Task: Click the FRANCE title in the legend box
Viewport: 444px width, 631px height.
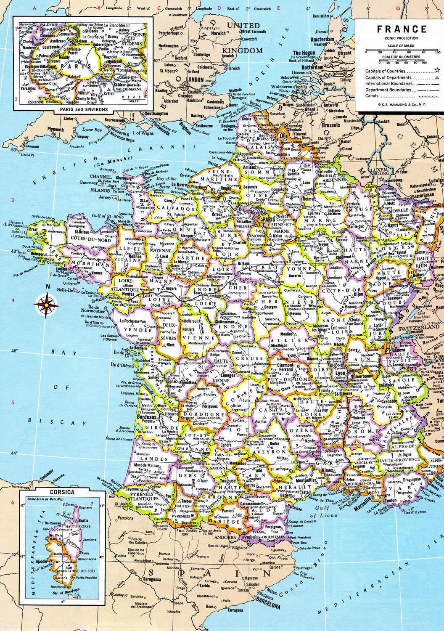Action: pos(401,29)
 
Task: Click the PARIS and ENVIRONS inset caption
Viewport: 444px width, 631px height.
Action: pos(83,109)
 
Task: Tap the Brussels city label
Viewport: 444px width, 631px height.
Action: pos(331,125)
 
